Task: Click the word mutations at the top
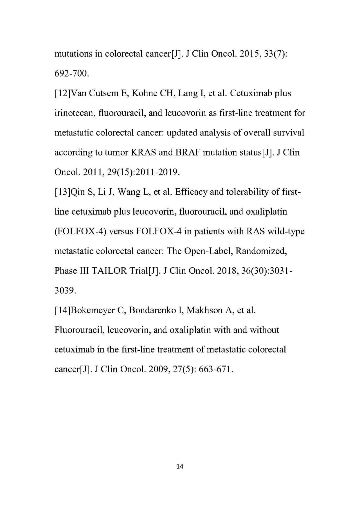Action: tap(73, 54)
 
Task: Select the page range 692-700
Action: tap(72, 74)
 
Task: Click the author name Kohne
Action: tap(144, 93)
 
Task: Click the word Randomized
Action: tap(261, 251)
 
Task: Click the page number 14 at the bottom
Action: tap(180, 466)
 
